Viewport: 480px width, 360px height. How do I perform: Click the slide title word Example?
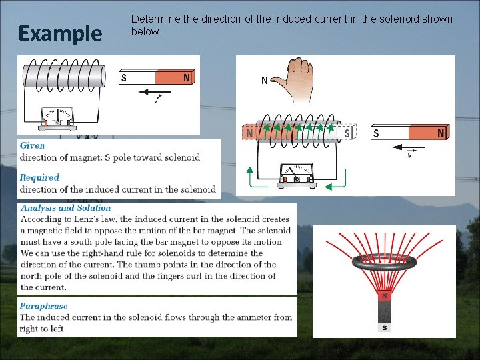coord(60,33)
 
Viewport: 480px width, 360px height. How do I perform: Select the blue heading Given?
coord(33,145)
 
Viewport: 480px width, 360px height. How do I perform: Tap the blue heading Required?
coord(39,177)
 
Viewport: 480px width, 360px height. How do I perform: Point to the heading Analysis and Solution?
coord(65,208)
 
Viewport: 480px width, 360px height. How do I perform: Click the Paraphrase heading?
coord(43,306)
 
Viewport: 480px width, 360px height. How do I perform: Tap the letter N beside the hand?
coord(265,81)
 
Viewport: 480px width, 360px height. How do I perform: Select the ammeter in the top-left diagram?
coord(57,117)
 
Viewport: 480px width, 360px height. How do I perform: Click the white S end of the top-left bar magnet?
coord(138,78)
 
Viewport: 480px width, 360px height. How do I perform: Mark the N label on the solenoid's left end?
coord(249,133)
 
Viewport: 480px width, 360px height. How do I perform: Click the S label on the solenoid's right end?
coord(347,133)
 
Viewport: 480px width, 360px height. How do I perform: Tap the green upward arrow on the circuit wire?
coord(249,175)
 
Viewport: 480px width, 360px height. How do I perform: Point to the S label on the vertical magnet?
coord(385,327)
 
